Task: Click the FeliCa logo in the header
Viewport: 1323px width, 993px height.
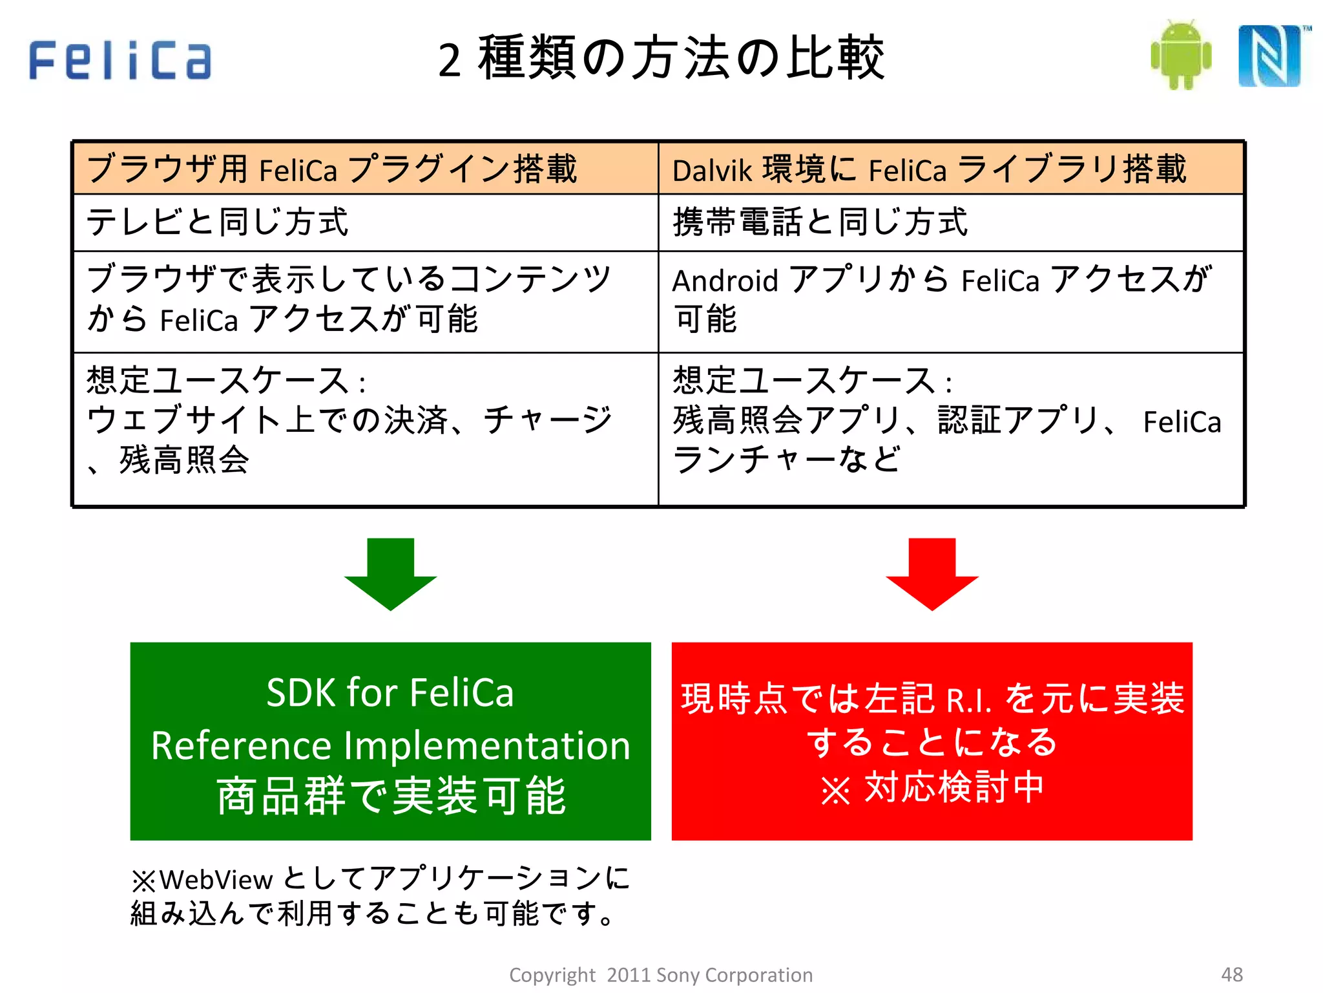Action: [x=120, y=59]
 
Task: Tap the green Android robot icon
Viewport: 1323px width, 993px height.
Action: [x=1181, y=55]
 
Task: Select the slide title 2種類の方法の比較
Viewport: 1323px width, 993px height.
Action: [x=661, y=58]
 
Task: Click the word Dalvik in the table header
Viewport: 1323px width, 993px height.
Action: [x=712, y=171]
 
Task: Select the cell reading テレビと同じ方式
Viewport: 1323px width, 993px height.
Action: [x=218, y=222]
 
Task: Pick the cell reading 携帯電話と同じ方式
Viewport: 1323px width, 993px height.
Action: [x=820, y=222]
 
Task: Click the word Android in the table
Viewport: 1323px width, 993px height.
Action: [x=725, y=281]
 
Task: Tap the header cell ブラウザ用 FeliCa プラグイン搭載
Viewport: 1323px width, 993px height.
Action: [x=332, y=169]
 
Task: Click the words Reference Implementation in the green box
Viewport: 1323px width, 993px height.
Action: [x=390, y=745]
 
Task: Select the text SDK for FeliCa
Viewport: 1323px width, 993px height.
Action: [x=390, y=692]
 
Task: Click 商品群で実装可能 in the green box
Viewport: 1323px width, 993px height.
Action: [x=390, y=796]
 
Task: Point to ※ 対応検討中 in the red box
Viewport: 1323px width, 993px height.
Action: [x=932, y=788]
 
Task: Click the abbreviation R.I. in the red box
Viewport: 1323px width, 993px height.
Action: [x=968, y=700]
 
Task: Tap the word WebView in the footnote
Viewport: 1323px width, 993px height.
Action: [x=216, y=880]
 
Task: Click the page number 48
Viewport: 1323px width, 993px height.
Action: [x=1231, y=974]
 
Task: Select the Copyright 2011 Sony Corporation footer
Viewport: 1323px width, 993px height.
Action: [x=661, y=975]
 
